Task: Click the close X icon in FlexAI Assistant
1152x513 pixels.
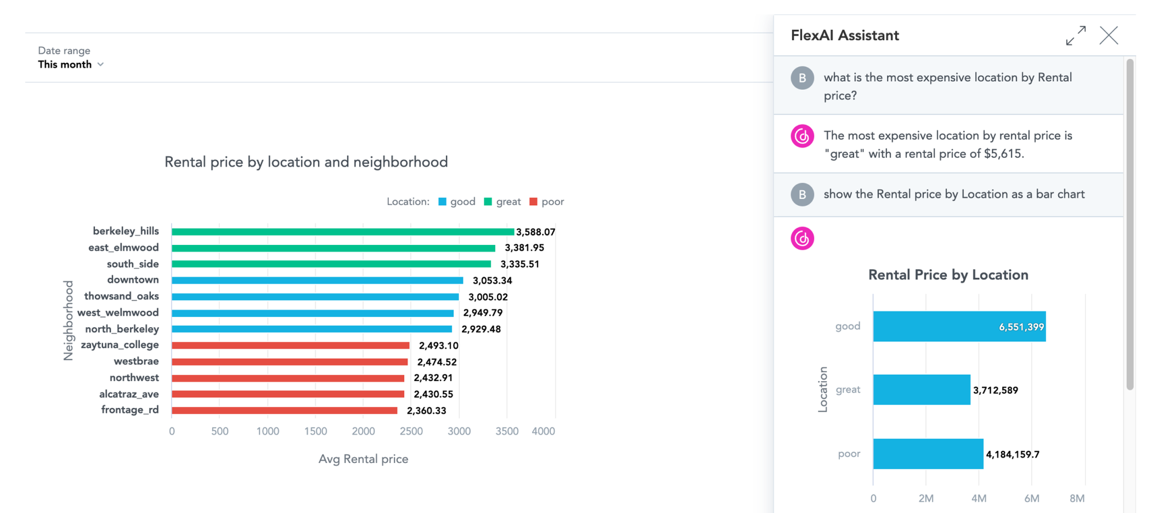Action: [1108, 36]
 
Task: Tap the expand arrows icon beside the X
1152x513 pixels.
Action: [1075, 36]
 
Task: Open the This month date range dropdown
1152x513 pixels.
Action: [71, 65]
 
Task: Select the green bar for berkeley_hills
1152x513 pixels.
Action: [342, 232]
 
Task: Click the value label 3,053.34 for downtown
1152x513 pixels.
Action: [492, 281]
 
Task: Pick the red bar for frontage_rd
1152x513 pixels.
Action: [285, 410]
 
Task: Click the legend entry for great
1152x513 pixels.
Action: [502, 202]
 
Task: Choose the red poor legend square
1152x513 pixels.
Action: [533, 202]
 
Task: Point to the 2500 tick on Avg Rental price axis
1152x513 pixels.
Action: [411, 431]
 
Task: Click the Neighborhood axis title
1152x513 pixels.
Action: [69, 320]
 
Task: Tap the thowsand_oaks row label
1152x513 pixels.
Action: [121, 296]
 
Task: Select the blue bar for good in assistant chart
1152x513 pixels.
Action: [958, 327]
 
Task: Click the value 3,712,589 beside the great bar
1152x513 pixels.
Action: [995, 390]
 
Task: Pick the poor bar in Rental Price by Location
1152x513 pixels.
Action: [927, 454]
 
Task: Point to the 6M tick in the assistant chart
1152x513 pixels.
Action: [1032, 498]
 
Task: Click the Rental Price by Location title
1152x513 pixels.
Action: [948, 275]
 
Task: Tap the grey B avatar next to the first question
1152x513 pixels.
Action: [802, 78]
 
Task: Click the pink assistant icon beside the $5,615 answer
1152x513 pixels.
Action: [802, 137]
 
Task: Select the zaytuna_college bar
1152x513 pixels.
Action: [290, 346]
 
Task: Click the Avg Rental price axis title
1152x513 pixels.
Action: [363, 459]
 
